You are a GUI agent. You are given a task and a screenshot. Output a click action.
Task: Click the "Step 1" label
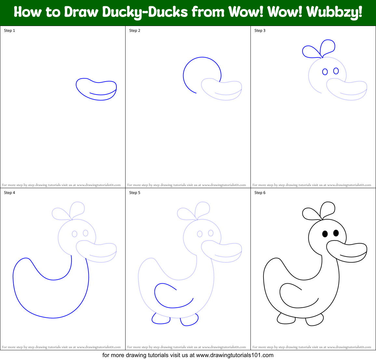click(9, 31)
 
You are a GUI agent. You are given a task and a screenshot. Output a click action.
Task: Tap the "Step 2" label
click(135, 31)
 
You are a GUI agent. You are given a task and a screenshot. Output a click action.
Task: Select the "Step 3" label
click(260, 31)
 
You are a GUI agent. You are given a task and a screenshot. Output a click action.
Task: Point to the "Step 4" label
click(9, 193)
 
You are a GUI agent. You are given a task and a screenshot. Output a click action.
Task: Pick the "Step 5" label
click(135, 193)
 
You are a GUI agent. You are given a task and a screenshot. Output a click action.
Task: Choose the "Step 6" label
click(260, 193)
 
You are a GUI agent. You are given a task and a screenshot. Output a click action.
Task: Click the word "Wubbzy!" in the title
click(334, 12)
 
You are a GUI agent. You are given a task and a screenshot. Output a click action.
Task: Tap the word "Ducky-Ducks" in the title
click(145, 12)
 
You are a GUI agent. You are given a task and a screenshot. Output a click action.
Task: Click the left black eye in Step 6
click(325, 234)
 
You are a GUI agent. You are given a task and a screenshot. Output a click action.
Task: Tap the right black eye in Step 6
click(336, 233)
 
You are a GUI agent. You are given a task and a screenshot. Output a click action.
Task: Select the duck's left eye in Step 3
click(325, 71)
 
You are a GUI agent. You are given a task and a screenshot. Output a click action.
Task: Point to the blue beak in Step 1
click(96, 89)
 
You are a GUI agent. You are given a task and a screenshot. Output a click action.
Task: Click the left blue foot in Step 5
click(161, 319)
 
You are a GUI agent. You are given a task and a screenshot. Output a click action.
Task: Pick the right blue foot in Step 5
click(189, 320)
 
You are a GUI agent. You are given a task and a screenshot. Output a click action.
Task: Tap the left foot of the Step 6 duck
click(286, 319)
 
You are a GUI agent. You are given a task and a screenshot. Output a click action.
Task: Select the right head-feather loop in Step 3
click(328, 46)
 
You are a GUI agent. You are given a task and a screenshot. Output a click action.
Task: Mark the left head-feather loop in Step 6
click(310, 213)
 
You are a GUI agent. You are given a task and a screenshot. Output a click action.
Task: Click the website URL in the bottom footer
click(235, 355)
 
